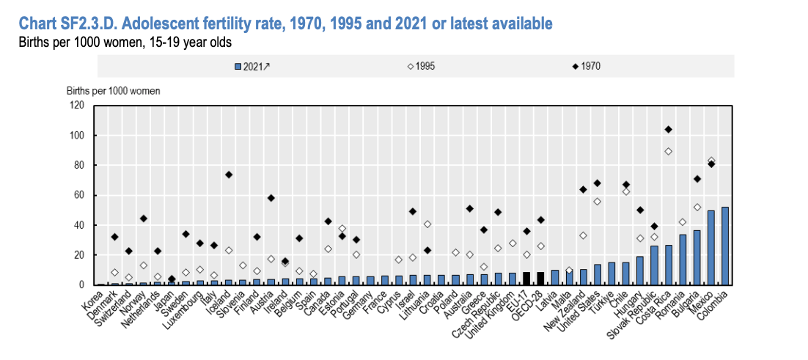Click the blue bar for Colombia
tap(725, 246)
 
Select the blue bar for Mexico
tap(711, 249)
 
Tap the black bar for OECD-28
tap(540, 279)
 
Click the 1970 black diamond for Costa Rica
tap(669, 130)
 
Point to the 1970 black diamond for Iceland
tap(229, 175)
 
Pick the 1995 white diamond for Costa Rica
tap(669, 152)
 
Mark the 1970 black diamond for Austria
tap(271, 198)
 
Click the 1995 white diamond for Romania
tap(683, 222)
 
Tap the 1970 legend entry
tap(587, 66)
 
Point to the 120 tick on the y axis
tap(78, 106)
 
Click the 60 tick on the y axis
tap(81, 195)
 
